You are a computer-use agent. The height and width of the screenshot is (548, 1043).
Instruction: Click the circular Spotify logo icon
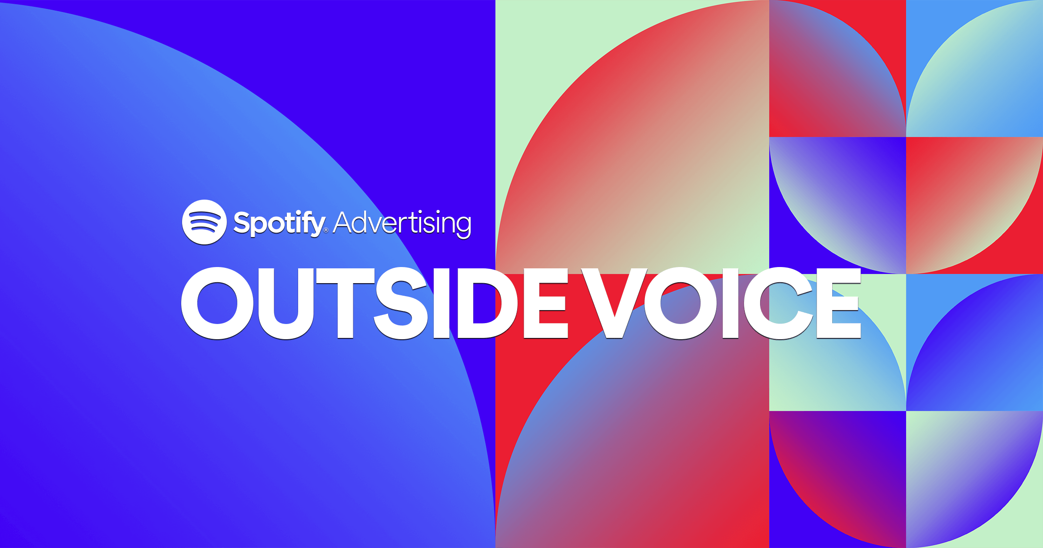(204, 222)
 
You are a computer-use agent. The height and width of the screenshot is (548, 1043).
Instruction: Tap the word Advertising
(402, 223)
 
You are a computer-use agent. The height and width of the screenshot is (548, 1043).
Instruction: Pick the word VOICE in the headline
(721, 303)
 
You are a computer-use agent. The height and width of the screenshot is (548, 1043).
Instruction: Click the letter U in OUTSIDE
(286, 303)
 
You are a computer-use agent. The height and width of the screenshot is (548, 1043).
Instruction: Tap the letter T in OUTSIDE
(345, 303)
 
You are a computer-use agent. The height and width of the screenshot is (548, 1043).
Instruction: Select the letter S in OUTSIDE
(401, 303)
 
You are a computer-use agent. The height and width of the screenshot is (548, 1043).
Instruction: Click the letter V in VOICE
(614, 303)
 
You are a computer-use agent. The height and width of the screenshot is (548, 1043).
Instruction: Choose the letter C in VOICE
(778, 303)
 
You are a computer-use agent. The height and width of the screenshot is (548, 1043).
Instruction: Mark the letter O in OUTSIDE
(217, 303)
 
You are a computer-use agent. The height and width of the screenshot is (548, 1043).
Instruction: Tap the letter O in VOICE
(681, 303)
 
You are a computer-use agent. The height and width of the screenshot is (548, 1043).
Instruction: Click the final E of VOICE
(839, 303)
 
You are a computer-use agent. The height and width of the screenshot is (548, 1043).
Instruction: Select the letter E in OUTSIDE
(546, 303)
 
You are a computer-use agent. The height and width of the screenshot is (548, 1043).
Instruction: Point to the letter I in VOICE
(731, 303)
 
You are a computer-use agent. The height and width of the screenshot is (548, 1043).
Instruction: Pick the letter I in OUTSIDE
(442, 303)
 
